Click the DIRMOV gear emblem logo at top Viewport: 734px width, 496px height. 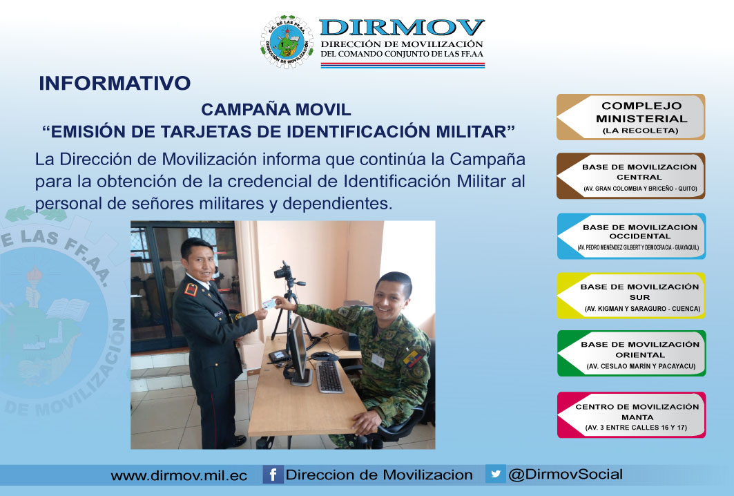(x=287, y=42)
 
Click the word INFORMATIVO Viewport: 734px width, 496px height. (x=115, y=84)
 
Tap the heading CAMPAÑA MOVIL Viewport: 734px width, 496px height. (x=276, y=110)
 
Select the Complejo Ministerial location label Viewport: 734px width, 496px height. (x=630, y=117)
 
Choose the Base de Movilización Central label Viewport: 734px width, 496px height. (x=630, y=176)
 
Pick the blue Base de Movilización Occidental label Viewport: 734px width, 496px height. (x=631, y=236)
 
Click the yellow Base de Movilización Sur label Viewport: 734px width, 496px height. (x=631, y=296)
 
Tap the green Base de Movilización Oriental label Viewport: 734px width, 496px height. (x=632, y=354)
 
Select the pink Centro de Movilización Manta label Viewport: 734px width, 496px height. (x=632, y=415)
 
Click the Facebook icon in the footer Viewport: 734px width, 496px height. (x=273, y=475)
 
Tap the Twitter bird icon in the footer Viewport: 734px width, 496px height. (x=495, y=473)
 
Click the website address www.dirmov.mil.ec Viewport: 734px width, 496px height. (x=179, y=476)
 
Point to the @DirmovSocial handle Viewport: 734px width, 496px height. (x=566, y=474)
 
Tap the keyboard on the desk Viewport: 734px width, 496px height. (x=329, y=376)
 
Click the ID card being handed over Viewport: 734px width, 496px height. (x=269, y=304)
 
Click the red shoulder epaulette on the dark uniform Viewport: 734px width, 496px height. (x=191, y=289)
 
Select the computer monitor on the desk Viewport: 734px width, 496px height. (x=298, y=350)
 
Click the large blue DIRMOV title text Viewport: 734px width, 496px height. (x=402, y=28)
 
